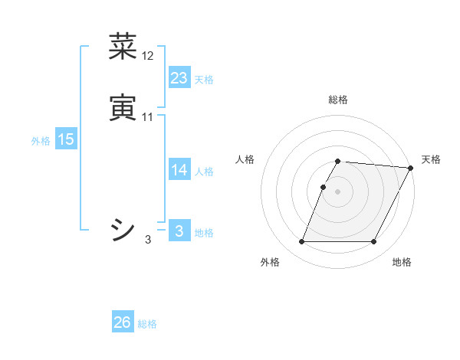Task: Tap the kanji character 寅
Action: [x=123, y=107]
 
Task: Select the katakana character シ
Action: [x=123, y=229]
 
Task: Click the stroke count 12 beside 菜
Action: [x=148, y=56]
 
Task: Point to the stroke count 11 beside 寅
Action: [x=148, y=117]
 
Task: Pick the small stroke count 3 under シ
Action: [x=148, y=240]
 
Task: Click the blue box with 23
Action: [x=179, y=78]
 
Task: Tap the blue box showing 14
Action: [x=179, y=170]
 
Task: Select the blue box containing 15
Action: [x=66, y=139]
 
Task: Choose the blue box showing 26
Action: [x=123, y=322]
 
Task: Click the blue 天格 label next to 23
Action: [x=204, y=80]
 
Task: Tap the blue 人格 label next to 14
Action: [x=204, y=172]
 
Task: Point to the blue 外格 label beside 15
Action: [x=41, y=141]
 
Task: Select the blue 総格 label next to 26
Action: [x=147, y=324]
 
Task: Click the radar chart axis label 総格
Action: [x=338, y=100]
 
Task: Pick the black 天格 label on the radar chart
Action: [x=431, y=159]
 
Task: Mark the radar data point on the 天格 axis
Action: [x=411, y=168]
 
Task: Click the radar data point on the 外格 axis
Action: [x=302, y=242]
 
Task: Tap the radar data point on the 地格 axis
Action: [x=374, y=242]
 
